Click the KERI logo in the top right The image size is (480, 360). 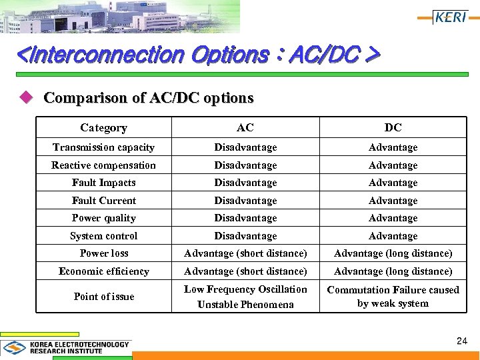(450, 17)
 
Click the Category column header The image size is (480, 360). (103, 127)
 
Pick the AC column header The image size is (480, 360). (245, 127)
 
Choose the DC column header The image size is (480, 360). (393, 127)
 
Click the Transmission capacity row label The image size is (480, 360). (103, 147)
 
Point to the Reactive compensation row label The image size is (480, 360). (103, 165)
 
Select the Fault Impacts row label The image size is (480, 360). (103, 183)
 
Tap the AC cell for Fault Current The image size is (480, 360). (245, 201)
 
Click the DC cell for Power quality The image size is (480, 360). (393, 218)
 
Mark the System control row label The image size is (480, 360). (103, 236)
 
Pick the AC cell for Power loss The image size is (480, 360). (245, 253)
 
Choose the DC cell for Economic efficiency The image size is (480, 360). (393, 271)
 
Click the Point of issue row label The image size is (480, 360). (103, 297)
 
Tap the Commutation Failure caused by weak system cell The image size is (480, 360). (393, 297)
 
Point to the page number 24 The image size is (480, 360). (462, 341)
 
